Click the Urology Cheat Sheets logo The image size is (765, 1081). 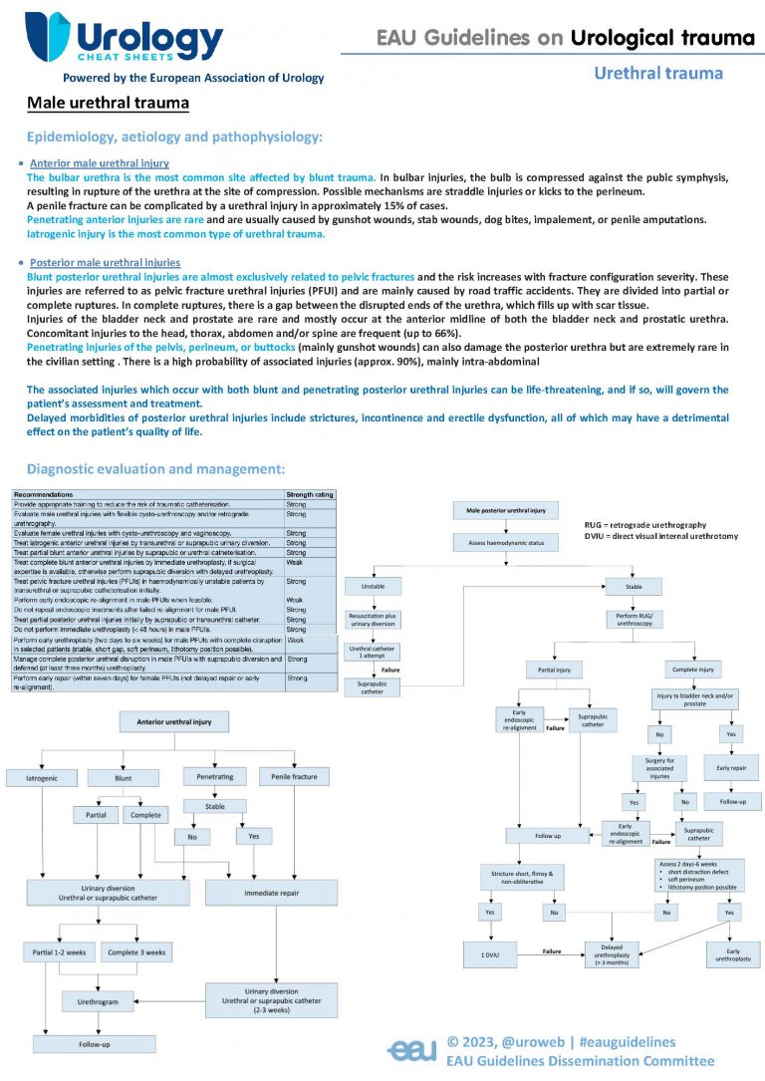click(125, 40)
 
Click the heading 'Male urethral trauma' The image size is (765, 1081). click(108, 103)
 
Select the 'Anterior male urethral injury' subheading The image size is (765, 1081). click(100, 162)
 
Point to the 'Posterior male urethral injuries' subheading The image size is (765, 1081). click(105, 263)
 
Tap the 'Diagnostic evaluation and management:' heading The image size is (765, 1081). click(156, 468)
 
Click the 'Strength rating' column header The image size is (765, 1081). click(310, 494)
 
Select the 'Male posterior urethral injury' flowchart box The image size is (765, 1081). click(507, 511)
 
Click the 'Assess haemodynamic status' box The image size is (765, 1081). click(507, 543)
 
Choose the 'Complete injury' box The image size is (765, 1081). click(693, 669)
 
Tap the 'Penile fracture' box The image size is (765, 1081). click(297, 775)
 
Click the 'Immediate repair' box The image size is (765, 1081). click(269, 895)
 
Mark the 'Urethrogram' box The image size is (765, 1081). click(98, 998)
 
